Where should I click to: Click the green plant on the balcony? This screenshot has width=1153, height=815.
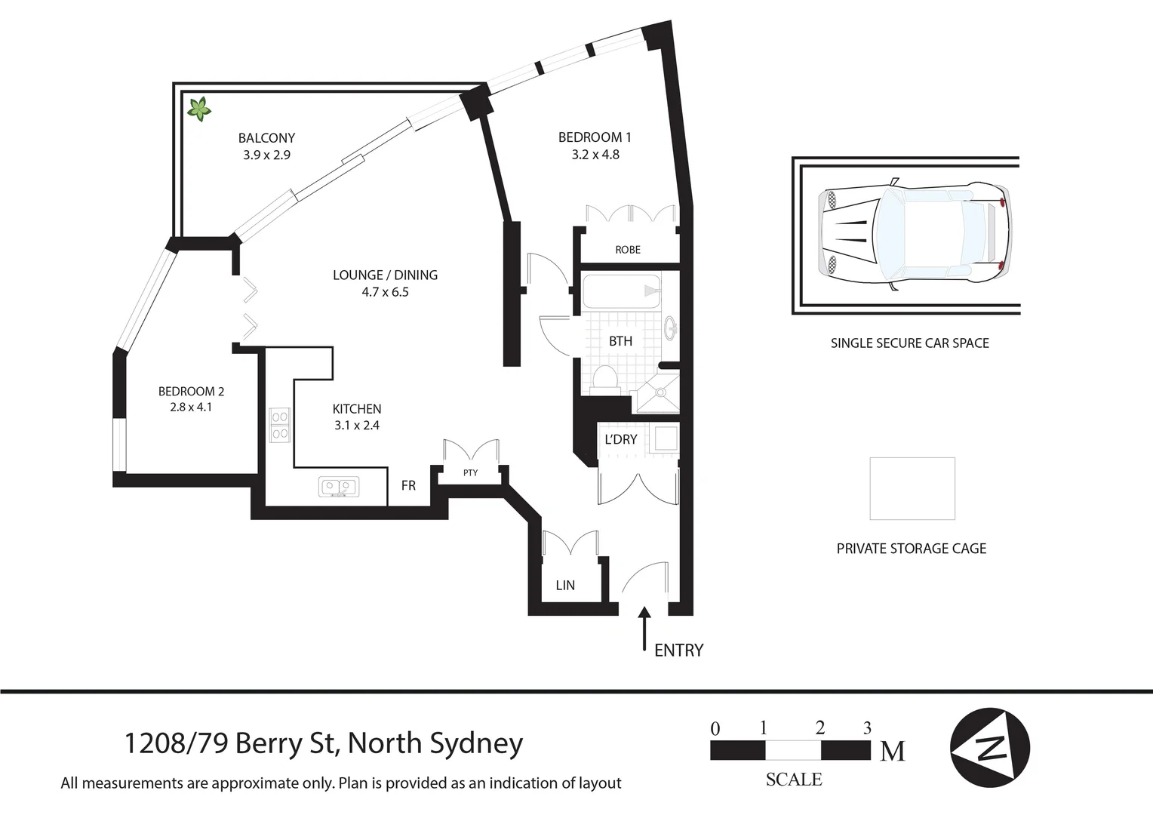[199, 110]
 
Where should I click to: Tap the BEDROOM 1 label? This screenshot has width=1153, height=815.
[595, 137]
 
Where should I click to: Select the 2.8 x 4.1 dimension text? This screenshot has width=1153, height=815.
[191, 407]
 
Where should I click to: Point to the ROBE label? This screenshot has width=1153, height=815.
[628, 250]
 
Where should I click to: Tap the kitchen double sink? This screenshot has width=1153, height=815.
[340, 487]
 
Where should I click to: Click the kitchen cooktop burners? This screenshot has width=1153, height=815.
[280, 425]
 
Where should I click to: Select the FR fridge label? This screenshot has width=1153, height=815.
[408, 486]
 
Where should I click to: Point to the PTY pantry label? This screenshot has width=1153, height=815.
[470, 473]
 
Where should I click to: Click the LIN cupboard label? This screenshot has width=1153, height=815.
[565, 586]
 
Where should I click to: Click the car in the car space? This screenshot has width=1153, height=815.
[915, 235]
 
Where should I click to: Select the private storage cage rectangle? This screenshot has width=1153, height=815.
[912, 488]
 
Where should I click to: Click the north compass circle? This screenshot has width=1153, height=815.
[989, 748]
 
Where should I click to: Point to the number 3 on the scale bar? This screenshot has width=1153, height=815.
[867, 728]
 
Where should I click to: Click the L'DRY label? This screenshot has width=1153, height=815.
[621, 439]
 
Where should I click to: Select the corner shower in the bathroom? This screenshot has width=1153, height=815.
[659, 393]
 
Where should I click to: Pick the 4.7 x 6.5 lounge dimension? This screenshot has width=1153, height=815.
[385, 292]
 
